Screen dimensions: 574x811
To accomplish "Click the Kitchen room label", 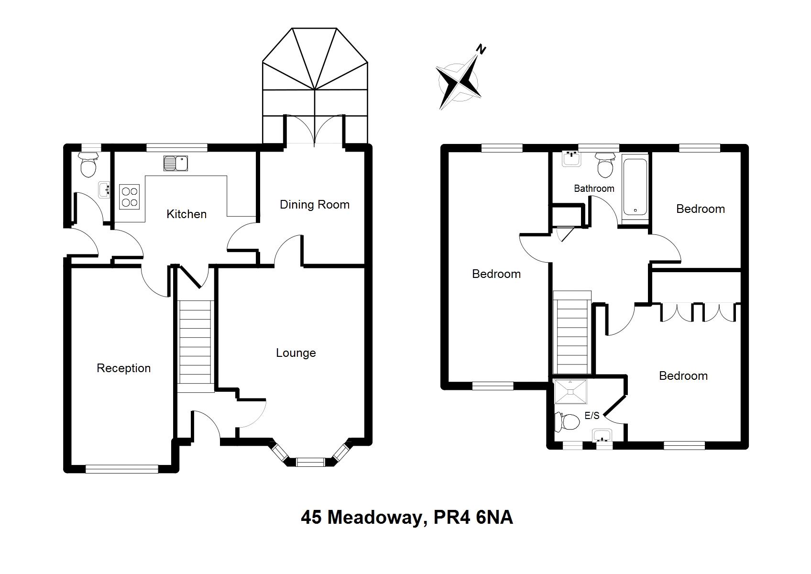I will pyautogui.click(x=186, y=214).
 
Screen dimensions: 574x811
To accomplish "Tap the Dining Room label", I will pyautogui.click(x=314, y=205).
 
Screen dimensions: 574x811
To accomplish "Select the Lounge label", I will pyautogui.click(x=296, y=353).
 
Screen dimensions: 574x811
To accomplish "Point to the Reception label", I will pyautogui.click(x=123, y=368).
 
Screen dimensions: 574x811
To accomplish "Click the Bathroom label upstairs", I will pyautogui.click(x=594, y=188).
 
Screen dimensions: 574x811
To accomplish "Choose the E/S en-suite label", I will pyautogui.click(x=592, y=416).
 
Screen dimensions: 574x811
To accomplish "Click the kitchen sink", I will pyautogui.click(x=175, y=163).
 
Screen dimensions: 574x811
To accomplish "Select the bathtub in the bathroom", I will pyautogui.click(x=635, y=187).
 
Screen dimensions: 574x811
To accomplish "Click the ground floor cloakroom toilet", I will pyautogui.click(x=88, y=166).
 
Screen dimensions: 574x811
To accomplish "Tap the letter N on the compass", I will pyautogui.click(x=482, y=50).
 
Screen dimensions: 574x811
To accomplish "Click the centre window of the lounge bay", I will pyautogui.click(x=310, y=462).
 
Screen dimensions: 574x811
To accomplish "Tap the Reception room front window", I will pyautogui.click(x=121, y=469).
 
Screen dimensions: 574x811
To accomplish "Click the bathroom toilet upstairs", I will pyautogui.click(x=605, y=166).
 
